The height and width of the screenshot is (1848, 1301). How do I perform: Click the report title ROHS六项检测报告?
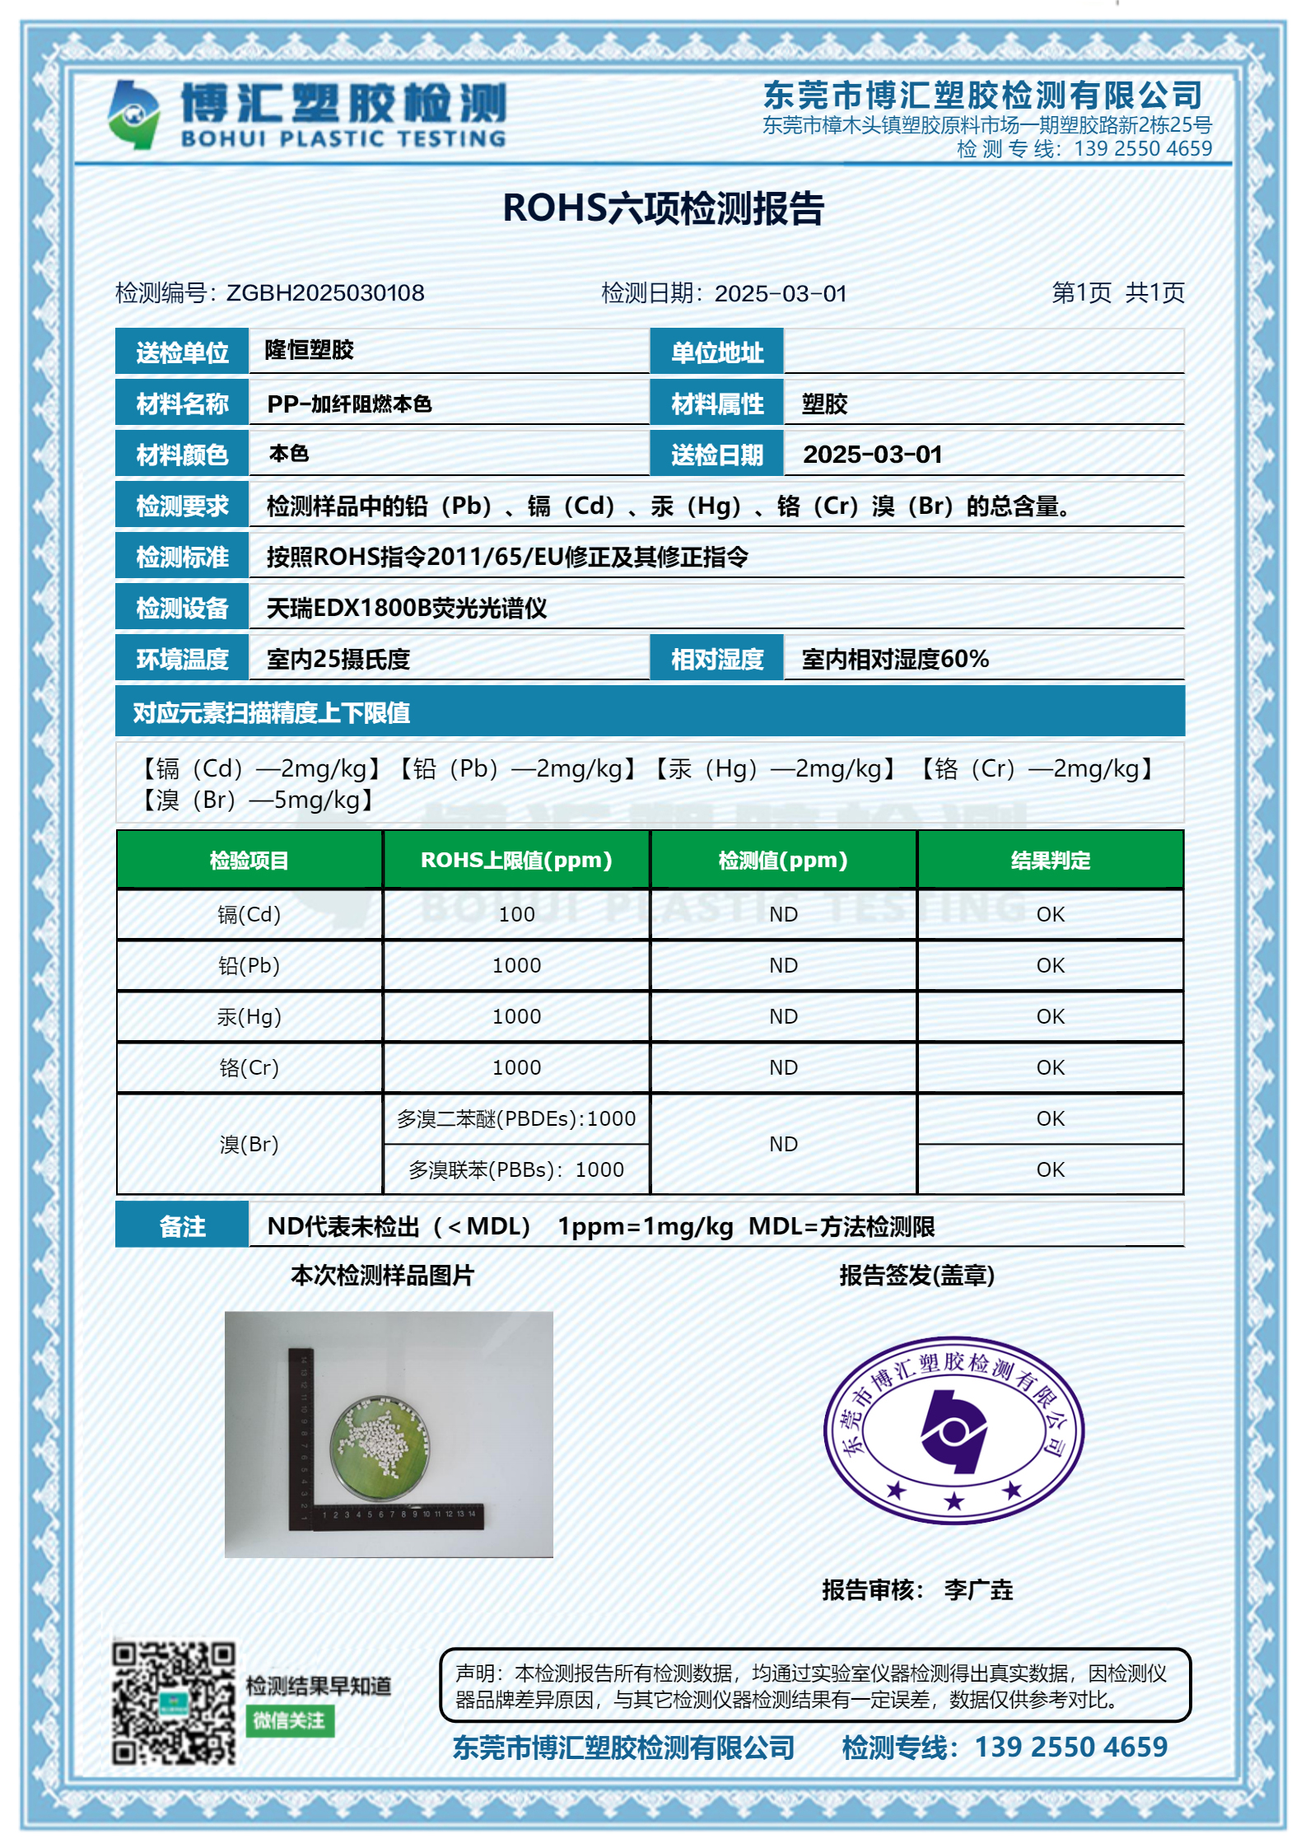click(663, 208)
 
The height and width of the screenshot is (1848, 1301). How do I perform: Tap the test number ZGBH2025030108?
click(325, 293)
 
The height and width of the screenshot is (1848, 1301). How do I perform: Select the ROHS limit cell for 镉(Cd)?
click(516, 914)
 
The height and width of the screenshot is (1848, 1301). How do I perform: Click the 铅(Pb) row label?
click(249, 965)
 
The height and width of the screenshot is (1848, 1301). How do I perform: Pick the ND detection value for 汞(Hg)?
click(783, 1016)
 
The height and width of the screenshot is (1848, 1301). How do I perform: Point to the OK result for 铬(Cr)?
click(1050, 1067)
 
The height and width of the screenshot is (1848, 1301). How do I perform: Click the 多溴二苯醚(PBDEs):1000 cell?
click(516, 1118)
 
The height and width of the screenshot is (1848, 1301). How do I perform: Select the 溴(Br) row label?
click(249, 1144)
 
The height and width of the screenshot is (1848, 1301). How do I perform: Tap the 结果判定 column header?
click(1050, 861)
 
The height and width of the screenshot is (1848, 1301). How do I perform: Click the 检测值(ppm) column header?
click(783, 861)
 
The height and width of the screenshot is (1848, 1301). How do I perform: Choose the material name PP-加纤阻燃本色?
click(349, 404)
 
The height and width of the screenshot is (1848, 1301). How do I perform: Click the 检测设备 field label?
click(182, 609)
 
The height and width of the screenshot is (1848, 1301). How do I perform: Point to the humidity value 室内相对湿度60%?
click(895, 660)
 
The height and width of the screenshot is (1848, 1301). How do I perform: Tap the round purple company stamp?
click(954, 1430)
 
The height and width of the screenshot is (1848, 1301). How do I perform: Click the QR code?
click(174, 1703)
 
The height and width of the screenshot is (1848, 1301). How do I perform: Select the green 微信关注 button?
click(290, 1721)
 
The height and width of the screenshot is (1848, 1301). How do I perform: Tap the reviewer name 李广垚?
click(978, 1589)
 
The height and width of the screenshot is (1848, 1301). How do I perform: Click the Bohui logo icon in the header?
click(133, 114)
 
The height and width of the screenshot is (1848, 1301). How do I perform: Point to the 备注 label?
click(182, 1226)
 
